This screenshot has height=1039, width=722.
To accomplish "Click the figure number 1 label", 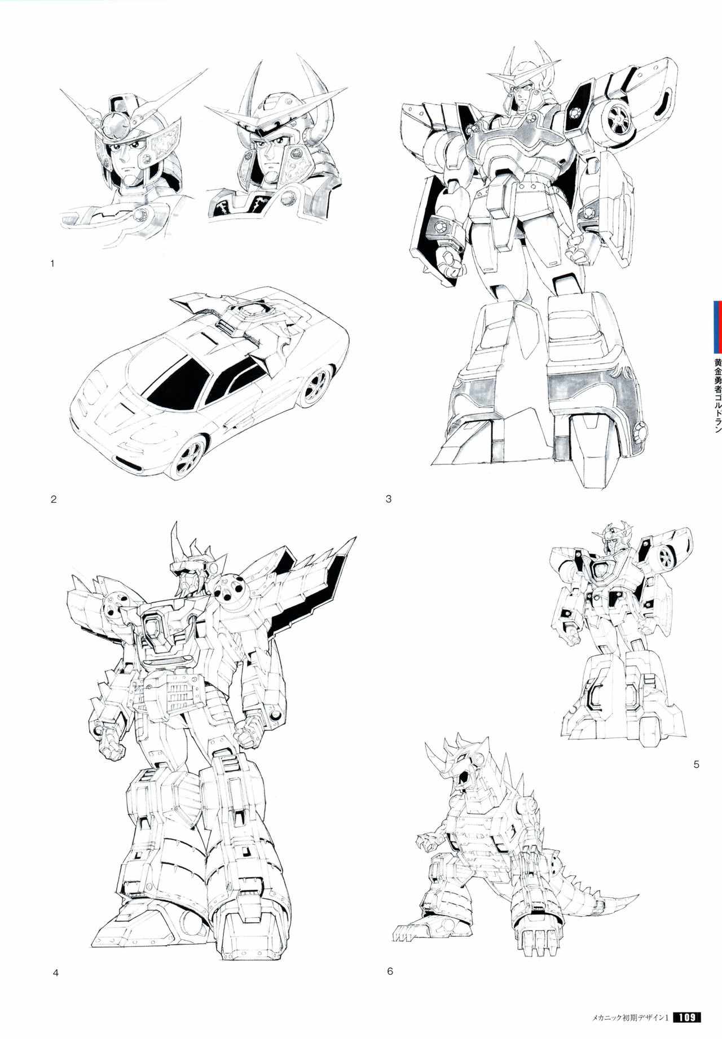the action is pyautogui.click(x=52, y=263).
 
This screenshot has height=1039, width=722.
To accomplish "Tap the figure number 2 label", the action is pyautogui.click(x=54, y=499).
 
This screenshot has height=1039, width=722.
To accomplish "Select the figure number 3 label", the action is pyautogui.click(x=389, y=499).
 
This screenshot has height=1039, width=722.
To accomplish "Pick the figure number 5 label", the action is pyautogui.click(x=696, y=765).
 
